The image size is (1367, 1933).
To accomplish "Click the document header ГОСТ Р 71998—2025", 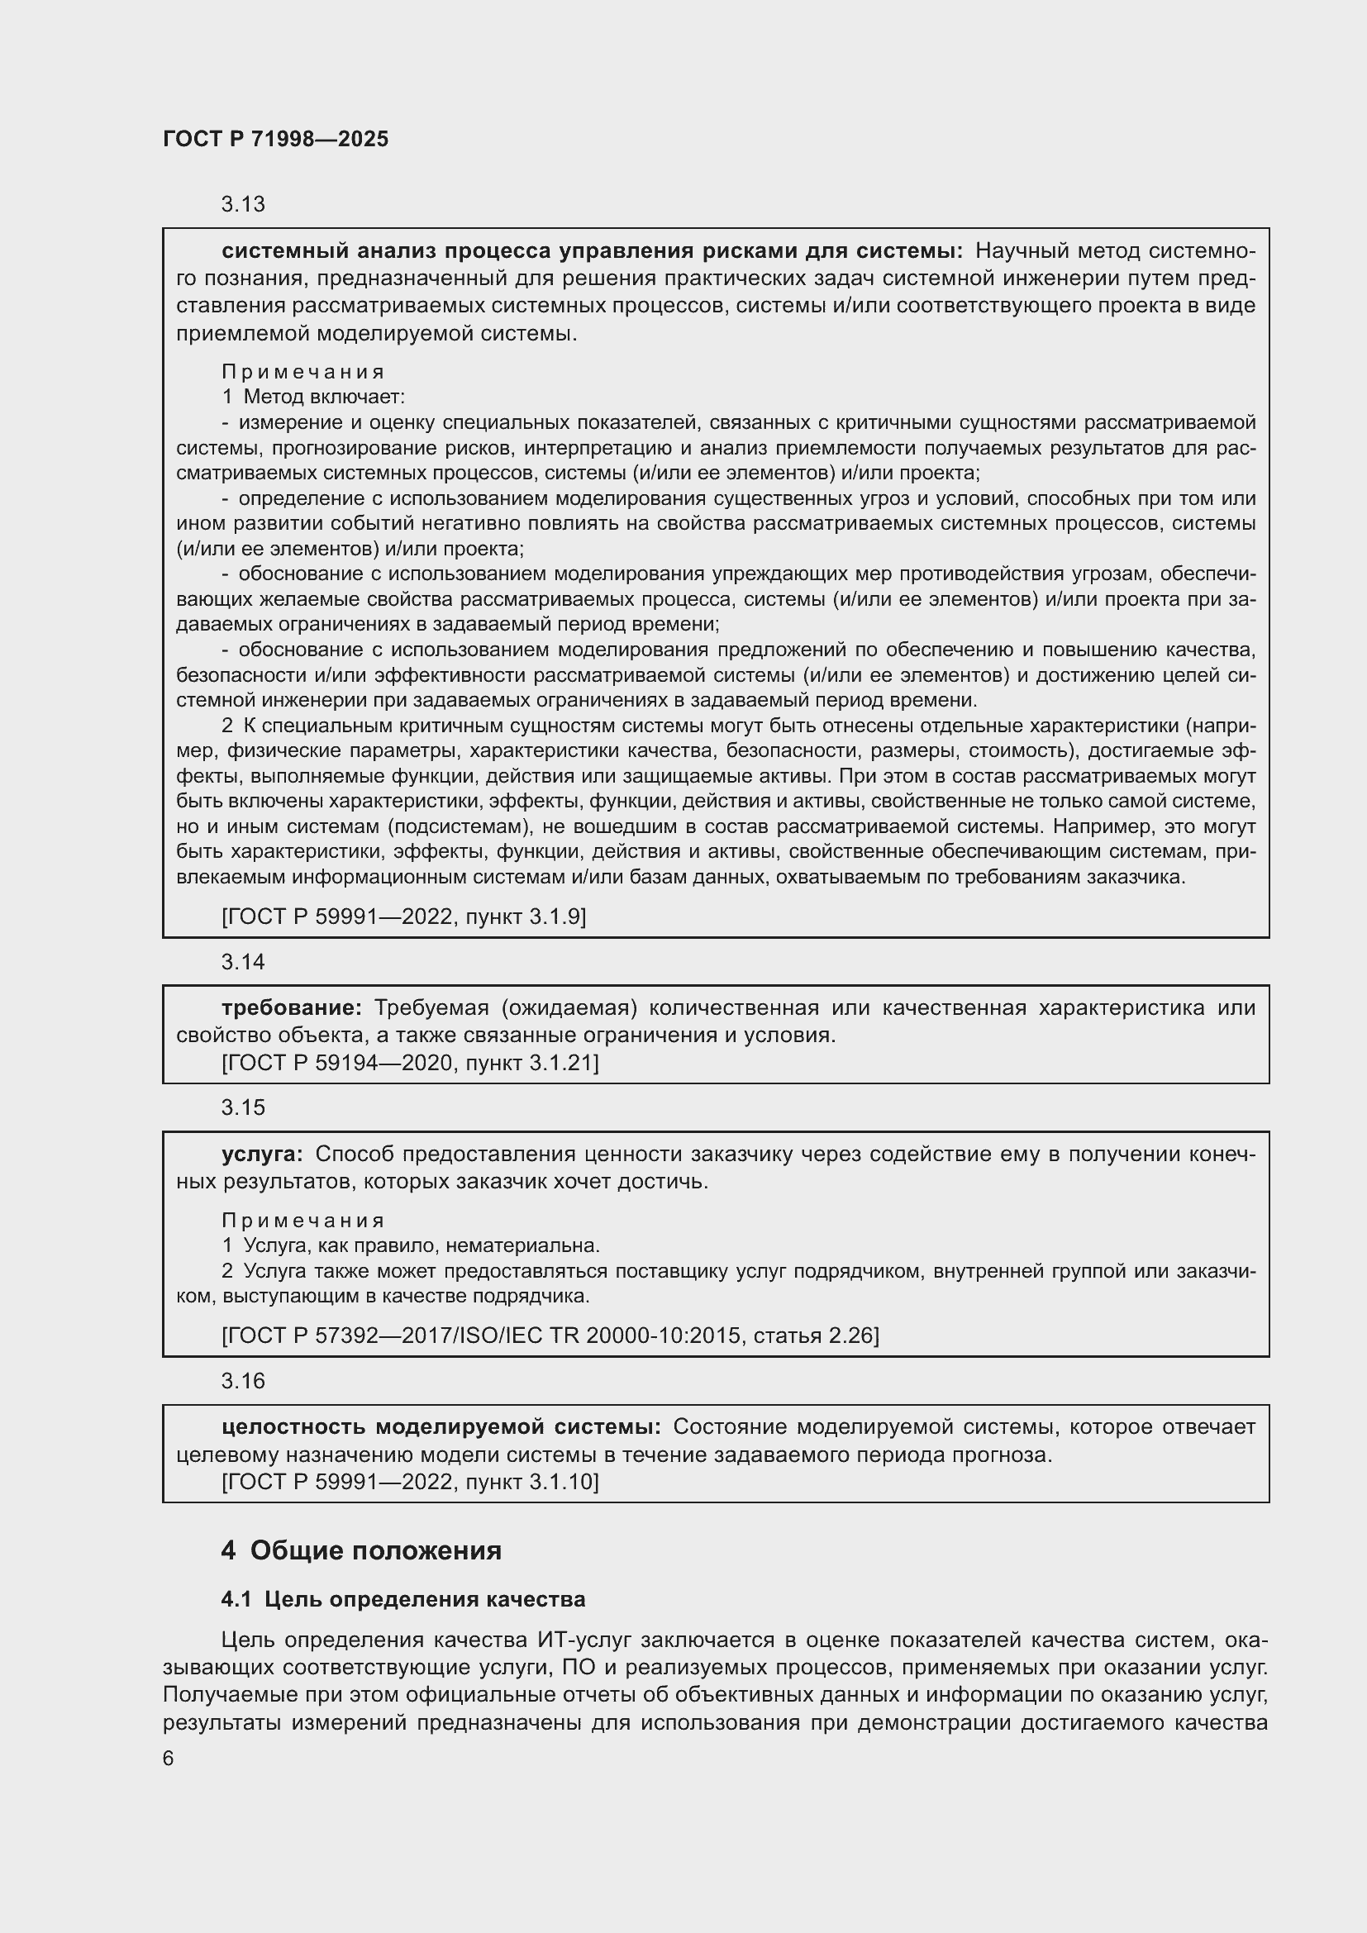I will [275, 140].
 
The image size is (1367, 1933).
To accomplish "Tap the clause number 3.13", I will [242, 205].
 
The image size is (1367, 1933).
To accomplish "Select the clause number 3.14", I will [242, 962].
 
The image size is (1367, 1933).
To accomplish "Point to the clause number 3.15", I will [242, 1108].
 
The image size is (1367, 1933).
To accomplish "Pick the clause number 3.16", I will [242, 1382].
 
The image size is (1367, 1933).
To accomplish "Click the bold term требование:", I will [291, 1008].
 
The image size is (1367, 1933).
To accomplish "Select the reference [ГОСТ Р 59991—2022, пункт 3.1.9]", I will [403, 917].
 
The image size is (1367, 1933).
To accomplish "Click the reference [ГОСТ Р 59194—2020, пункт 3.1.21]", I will [410, 1064].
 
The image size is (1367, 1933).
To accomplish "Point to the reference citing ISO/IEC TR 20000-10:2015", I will [550, 1336].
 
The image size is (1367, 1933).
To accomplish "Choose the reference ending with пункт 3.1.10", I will [410, 1483].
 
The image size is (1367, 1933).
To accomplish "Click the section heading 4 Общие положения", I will [361, 1550].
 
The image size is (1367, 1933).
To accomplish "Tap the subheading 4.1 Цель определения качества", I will [403, 1600].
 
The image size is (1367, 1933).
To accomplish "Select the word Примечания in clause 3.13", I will [303, 372].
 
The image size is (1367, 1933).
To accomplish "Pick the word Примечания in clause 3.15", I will [303, 1221].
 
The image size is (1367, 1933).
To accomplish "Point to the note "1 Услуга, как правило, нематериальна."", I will [411, 1246].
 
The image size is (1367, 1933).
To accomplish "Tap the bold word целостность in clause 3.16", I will [292, 1427].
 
